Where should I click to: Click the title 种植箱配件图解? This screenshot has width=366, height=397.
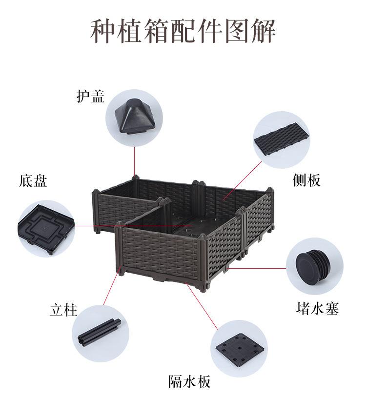pyautogui.click(x=183, y=32)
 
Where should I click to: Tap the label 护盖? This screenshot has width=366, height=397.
pyautogui.click(x=90, y=96)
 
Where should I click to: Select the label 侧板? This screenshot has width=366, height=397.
pyautogui.click(x=306, y=180)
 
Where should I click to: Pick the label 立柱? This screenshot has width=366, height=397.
pyautogui.click(x=63, y=310)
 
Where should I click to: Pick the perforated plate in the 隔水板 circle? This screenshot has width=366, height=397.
pyautogui.click(x=239, y=349)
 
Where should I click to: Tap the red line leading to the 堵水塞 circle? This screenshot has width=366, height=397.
pyautogui.click(x=259, y=268)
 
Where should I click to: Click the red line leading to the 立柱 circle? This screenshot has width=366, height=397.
pyautogui.click(x=111, y=288)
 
